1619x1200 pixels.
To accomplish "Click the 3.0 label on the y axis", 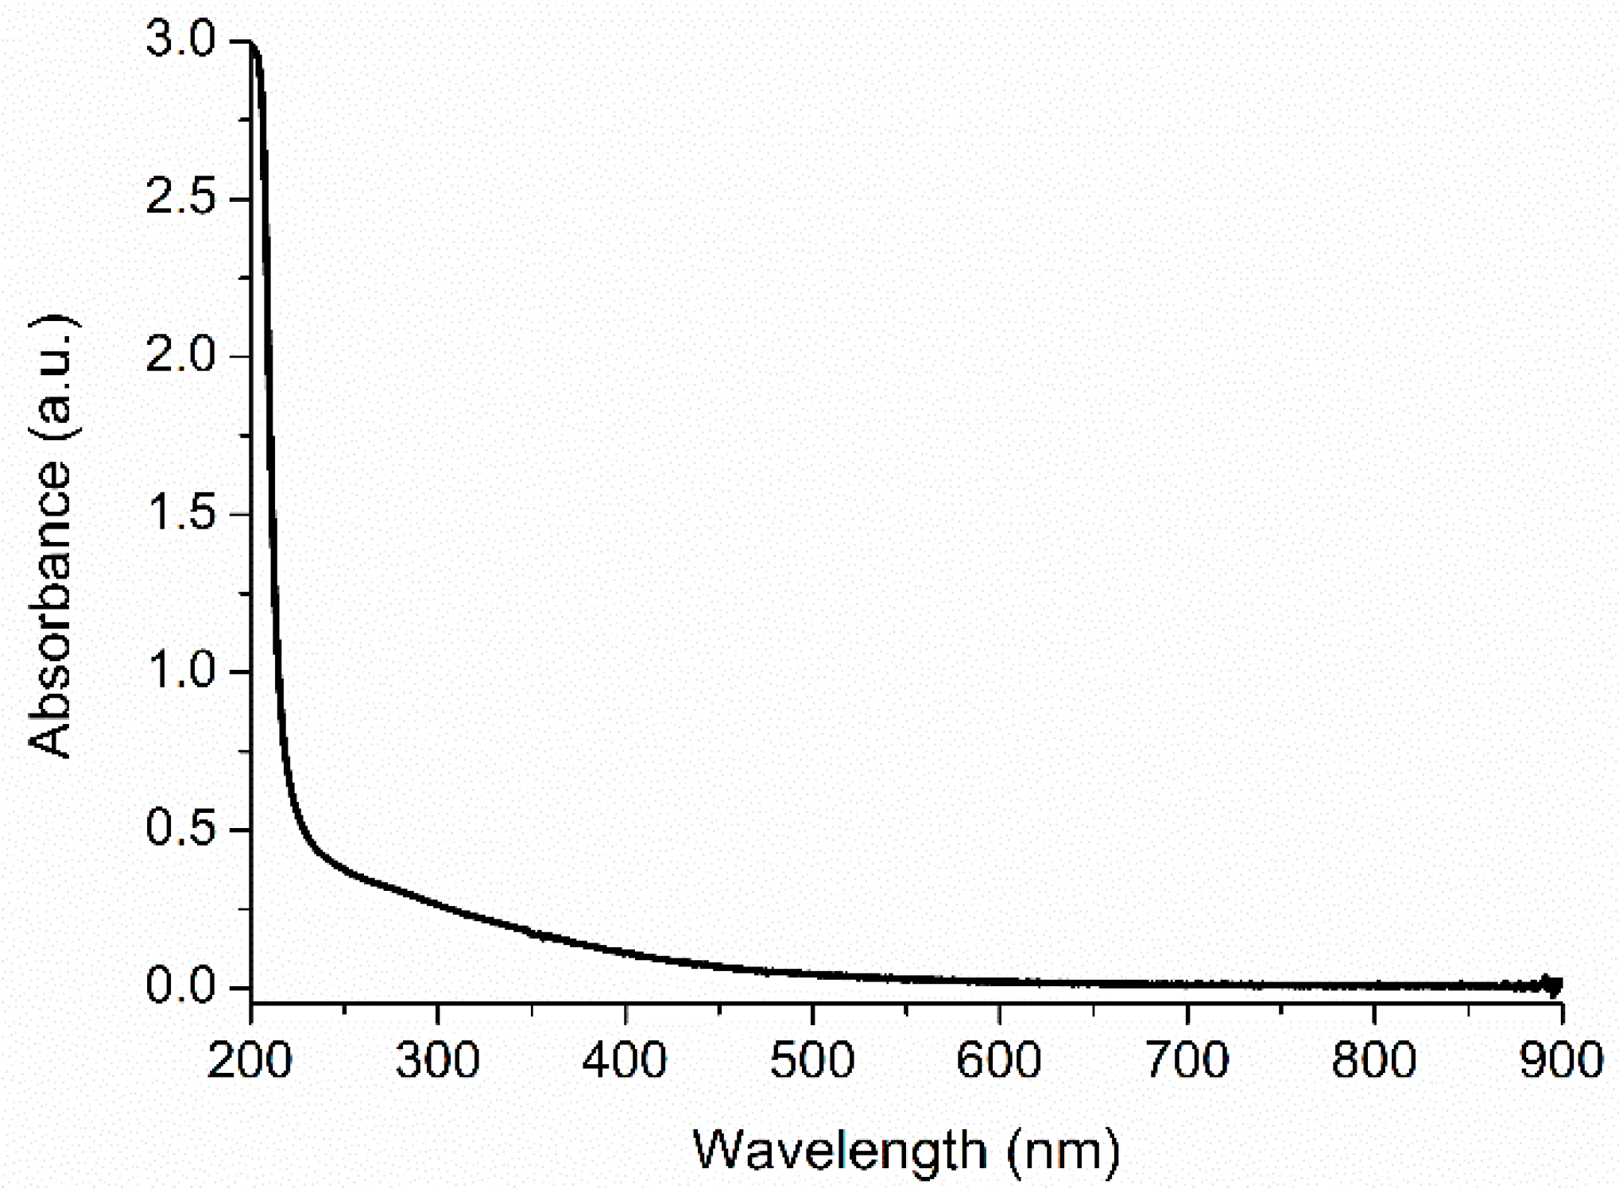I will (181, 40).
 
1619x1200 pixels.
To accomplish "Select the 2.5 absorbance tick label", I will (181, 197).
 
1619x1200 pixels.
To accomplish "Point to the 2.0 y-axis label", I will (181, 354).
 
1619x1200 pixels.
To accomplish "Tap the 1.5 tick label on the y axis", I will (181, 513).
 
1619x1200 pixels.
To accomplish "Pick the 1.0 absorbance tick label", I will (181, 671).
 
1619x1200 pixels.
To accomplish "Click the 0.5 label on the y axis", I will (181, 828).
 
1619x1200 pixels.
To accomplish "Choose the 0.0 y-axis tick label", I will (181, 986).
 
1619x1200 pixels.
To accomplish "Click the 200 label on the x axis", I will (250, 1060).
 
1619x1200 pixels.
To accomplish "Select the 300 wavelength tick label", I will (438, 1060).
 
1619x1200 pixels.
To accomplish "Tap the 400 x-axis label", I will (625, 1060).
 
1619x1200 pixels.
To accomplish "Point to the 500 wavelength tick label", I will (812, 1060).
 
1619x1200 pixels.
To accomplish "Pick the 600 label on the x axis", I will (999, 1060).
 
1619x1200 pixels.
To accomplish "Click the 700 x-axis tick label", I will (1187, 1060).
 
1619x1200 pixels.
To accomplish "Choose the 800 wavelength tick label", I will (1374, 1060).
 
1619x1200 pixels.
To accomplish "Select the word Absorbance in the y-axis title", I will (51, 608).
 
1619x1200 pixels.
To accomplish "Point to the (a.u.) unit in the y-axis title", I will (54, 377).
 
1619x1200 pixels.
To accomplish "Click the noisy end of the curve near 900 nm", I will (1550, 985).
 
